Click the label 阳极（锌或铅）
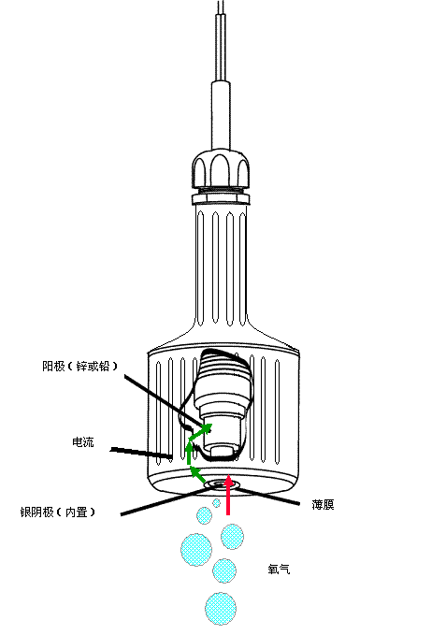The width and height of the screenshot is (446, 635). pos(79,366)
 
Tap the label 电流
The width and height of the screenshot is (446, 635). pos(83,441)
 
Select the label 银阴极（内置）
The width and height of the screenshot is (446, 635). pos(57,512)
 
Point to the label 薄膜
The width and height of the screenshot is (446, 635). pos(323,504)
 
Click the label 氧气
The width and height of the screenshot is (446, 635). pos(279,569)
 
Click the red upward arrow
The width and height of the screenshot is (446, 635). pos(228,495)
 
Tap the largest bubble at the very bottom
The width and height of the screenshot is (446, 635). pos(220,609)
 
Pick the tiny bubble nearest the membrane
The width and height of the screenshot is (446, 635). pos(217,503)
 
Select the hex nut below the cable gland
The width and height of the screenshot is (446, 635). pos(220,199)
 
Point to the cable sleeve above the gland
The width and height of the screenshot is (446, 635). pos(221,115)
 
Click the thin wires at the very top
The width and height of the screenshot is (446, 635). pos(222,40)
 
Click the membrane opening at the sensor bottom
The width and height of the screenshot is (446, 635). pos(221,483)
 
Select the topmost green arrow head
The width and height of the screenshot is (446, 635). pos(207,427)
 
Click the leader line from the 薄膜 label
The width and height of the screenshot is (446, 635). pos(266,497)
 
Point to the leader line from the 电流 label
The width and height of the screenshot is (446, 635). pos(141,454)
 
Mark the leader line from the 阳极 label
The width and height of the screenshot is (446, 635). pos(164,400)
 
